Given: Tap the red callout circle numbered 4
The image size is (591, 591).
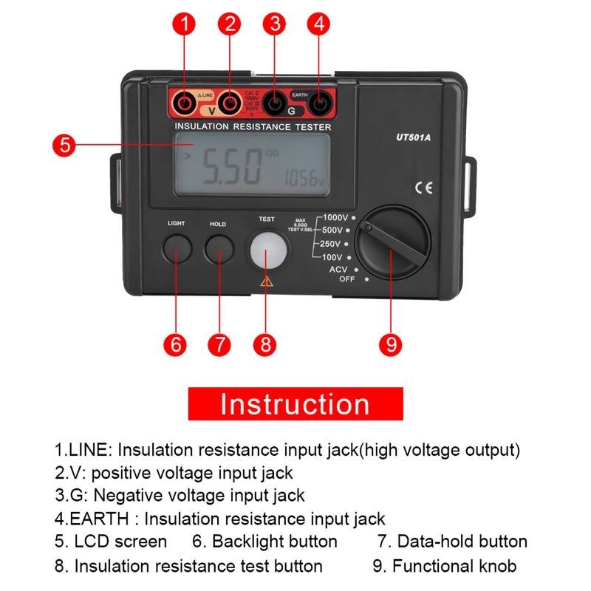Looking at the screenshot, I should [x=319, y=24].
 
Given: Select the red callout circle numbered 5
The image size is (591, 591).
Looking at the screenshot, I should [x=65, y=145].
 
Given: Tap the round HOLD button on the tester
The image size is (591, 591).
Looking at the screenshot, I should [x=219, y=249].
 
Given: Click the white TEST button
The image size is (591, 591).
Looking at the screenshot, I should [x=267, y=251].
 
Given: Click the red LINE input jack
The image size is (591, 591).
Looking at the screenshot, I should [x=184, y=104].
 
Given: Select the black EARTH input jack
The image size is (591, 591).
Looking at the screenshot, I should [x=319, y=105].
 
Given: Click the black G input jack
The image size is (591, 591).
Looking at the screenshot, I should [x=275, y=105].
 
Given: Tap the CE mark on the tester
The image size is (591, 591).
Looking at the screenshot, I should [x=424, y=188].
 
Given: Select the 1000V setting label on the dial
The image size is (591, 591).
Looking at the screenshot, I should [x=336, y=218].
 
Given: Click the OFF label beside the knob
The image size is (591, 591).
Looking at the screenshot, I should [x=347, y=279].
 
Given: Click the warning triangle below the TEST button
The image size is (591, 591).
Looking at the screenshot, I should [x=267, y=281].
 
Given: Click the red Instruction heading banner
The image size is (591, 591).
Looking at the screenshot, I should [x=295, y=404].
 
